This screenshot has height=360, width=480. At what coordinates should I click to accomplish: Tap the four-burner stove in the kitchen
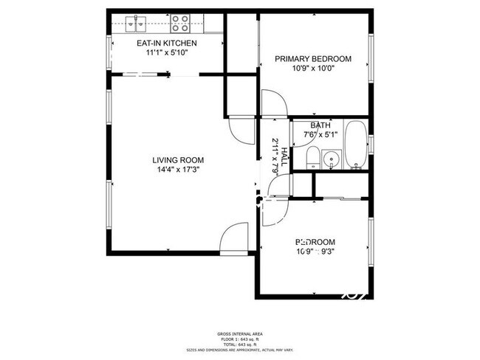(x=181, y=24)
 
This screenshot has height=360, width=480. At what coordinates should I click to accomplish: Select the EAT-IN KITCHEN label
(x=167, y=44)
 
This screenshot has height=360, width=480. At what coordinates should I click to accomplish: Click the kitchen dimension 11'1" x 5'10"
(x=167, y=53)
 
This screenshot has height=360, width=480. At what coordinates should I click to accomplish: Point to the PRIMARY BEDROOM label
(x=313, y=59)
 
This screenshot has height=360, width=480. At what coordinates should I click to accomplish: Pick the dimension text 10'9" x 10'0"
(x=313, y=69)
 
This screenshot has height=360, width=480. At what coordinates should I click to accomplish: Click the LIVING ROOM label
(x=178, y=160)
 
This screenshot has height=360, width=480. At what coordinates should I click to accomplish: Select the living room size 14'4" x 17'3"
(x=178, y=170)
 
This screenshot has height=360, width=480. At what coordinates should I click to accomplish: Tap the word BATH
(x=320, y=125)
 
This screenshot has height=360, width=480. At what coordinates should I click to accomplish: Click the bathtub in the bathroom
(x=355, y=145)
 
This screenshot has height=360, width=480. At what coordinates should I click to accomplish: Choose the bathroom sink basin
(x=331, y=158)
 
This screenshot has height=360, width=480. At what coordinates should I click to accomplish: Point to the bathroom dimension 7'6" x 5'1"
(x=320, y=134)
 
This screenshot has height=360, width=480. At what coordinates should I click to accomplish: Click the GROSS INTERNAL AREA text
(x=240, y=333)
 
